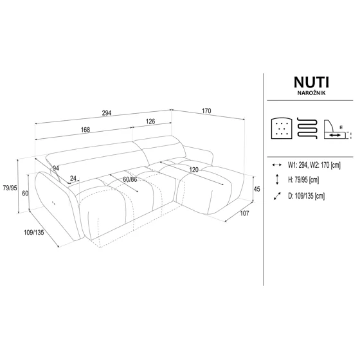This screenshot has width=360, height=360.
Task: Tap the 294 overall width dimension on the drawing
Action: (x=107, y=113)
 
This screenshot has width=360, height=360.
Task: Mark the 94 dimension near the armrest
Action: (x=56, y=168)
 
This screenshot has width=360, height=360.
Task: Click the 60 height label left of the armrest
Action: (x=24, y=193)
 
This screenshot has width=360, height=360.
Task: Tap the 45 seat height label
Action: (x=256, y=188)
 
